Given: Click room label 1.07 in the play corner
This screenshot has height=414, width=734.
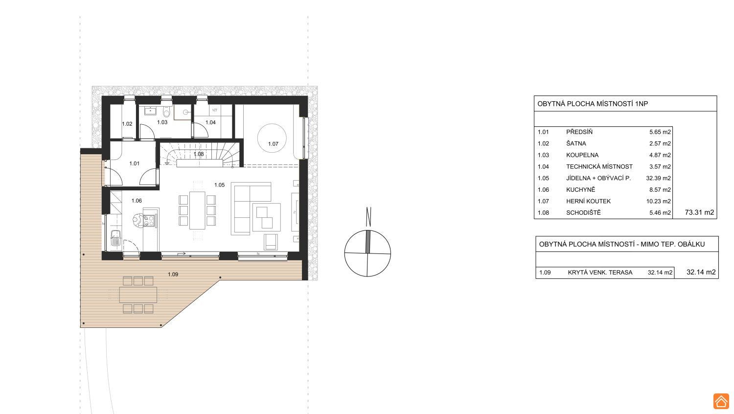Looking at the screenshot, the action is (273, 143).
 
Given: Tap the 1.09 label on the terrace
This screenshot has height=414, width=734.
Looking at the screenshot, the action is (173, 275).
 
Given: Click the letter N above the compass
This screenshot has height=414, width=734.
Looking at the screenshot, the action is (368, 217).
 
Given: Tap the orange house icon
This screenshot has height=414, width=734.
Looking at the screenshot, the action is (721, 401).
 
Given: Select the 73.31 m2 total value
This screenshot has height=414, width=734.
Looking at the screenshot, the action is (699, 212).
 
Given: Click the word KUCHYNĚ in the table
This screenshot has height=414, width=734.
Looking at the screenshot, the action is (581, 189).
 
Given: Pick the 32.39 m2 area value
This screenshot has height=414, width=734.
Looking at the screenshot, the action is (658, 178).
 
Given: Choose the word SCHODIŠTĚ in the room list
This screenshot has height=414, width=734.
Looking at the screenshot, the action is (584, 213).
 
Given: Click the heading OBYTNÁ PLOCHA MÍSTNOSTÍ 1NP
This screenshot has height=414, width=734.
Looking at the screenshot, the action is (593, 104).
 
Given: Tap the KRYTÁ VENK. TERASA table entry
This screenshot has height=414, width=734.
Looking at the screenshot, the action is (600, 273).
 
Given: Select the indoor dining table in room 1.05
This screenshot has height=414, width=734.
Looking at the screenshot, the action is (197, 210).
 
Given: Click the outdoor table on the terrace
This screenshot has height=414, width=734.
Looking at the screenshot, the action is (138, 295).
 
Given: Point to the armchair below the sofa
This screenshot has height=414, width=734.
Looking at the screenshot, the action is (271, 242).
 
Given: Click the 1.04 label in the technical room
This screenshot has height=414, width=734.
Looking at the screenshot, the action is (210, 123).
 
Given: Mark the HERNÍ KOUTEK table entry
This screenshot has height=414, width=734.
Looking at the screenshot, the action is (589, 201).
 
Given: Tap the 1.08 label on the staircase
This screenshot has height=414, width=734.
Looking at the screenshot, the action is (199, 154).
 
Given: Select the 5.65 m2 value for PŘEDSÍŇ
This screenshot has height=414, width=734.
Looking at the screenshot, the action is (660, 132).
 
